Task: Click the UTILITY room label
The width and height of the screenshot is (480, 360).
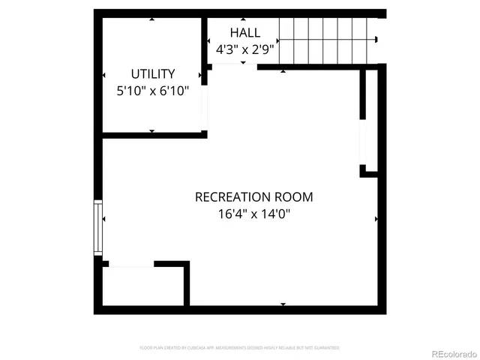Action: point(153,73)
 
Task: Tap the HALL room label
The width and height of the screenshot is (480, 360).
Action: point(245,32)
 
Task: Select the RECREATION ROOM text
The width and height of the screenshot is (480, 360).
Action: point(253,197)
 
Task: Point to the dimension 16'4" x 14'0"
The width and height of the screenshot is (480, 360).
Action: point(253,214)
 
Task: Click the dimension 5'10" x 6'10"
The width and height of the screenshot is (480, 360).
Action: point(153,90)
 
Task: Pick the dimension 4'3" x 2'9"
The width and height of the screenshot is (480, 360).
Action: point(245,49)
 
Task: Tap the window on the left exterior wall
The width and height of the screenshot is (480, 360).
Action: point(97,227)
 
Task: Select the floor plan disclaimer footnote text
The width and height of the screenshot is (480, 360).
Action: point(239,348)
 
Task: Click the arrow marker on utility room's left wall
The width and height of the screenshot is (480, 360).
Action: point(103,75)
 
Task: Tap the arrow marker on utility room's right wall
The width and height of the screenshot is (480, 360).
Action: point(200,75)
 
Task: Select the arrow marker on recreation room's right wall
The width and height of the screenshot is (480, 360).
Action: point(376,220)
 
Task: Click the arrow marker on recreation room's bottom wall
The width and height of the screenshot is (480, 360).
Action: point(283,304)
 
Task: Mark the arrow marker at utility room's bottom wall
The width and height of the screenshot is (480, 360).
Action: point(152,131)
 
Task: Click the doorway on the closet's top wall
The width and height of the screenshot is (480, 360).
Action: point(131,264)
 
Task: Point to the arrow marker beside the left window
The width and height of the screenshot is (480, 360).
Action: point(104,220)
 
